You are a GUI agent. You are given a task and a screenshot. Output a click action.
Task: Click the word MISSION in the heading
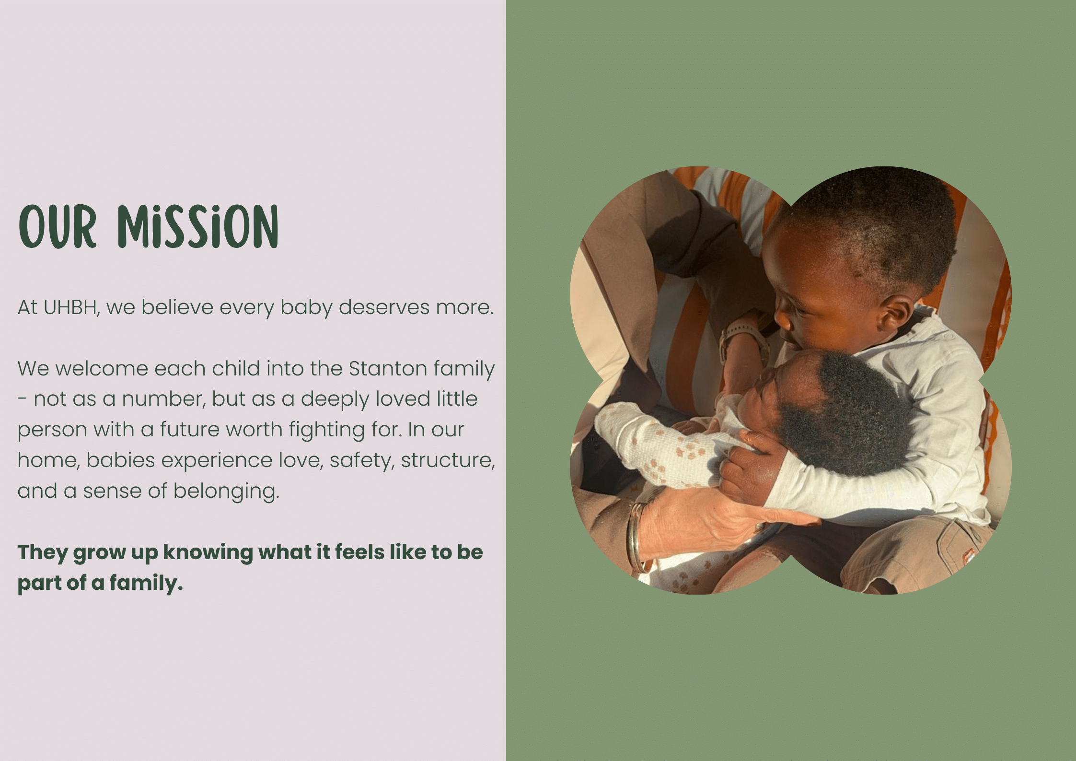point(198,226)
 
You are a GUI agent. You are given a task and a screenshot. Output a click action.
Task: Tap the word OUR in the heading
point(58,226)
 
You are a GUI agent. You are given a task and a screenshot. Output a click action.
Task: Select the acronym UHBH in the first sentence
point(71,307)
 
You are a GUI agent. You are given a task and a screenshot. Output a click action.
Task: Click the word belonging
point(226,492)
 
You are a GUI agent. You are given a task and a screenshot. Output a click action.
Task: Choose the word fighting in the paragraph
point(327,430)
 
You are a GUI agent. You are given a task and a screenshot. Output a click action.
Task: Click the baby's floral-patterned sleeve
point(661,444)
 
